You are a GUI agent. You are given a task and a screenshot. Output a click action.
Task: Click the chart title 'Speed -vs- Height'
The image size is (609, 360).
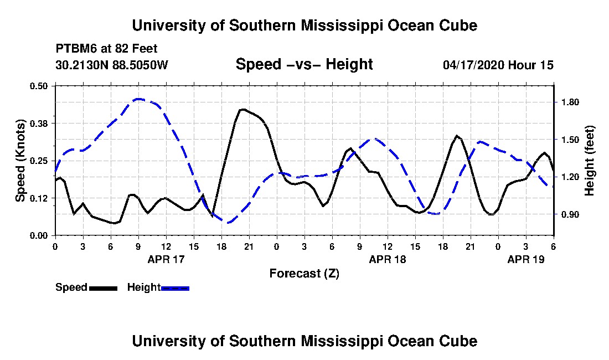click(x=304, y=65)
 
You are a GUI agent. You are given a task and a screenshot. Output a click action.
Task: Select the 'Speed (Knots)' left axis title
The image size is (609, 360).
click(x=20, y=160)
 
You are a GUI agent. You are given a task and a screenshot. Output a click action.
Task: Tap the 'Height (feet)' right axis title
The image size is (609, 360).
click(x=590, y=161)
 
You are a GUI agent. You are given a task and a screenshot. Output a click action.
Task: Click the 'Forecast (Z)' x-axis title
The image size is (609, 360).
click(x=304, y=273)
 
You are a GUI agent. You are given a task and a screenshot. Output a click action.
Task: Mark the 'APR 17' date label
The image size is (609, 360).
click(x=166, y=259)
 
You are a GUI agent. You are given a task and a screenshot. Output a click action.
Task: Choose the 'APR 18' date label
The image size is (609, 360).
click(x=388, y=259)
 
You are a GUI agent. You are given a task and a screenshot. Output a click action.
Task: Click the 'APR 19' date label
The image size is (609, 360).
click(x=526, y=259)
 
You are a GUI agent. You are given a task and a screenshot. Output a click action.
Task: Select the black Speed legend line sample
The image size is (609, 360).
click(x=103, y=288)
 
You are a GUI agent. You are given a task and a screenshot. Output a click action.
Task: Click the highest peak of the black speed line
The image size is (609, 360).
click(x=242, y=109)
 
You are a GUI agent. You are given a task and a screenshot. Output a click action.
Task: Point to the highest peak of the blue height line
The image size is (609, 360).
click(x=138, y=99)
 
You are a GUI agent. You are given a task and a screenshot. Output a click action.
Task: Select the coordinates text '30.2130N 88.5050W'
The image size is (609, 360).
click(x=111, y=65)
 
